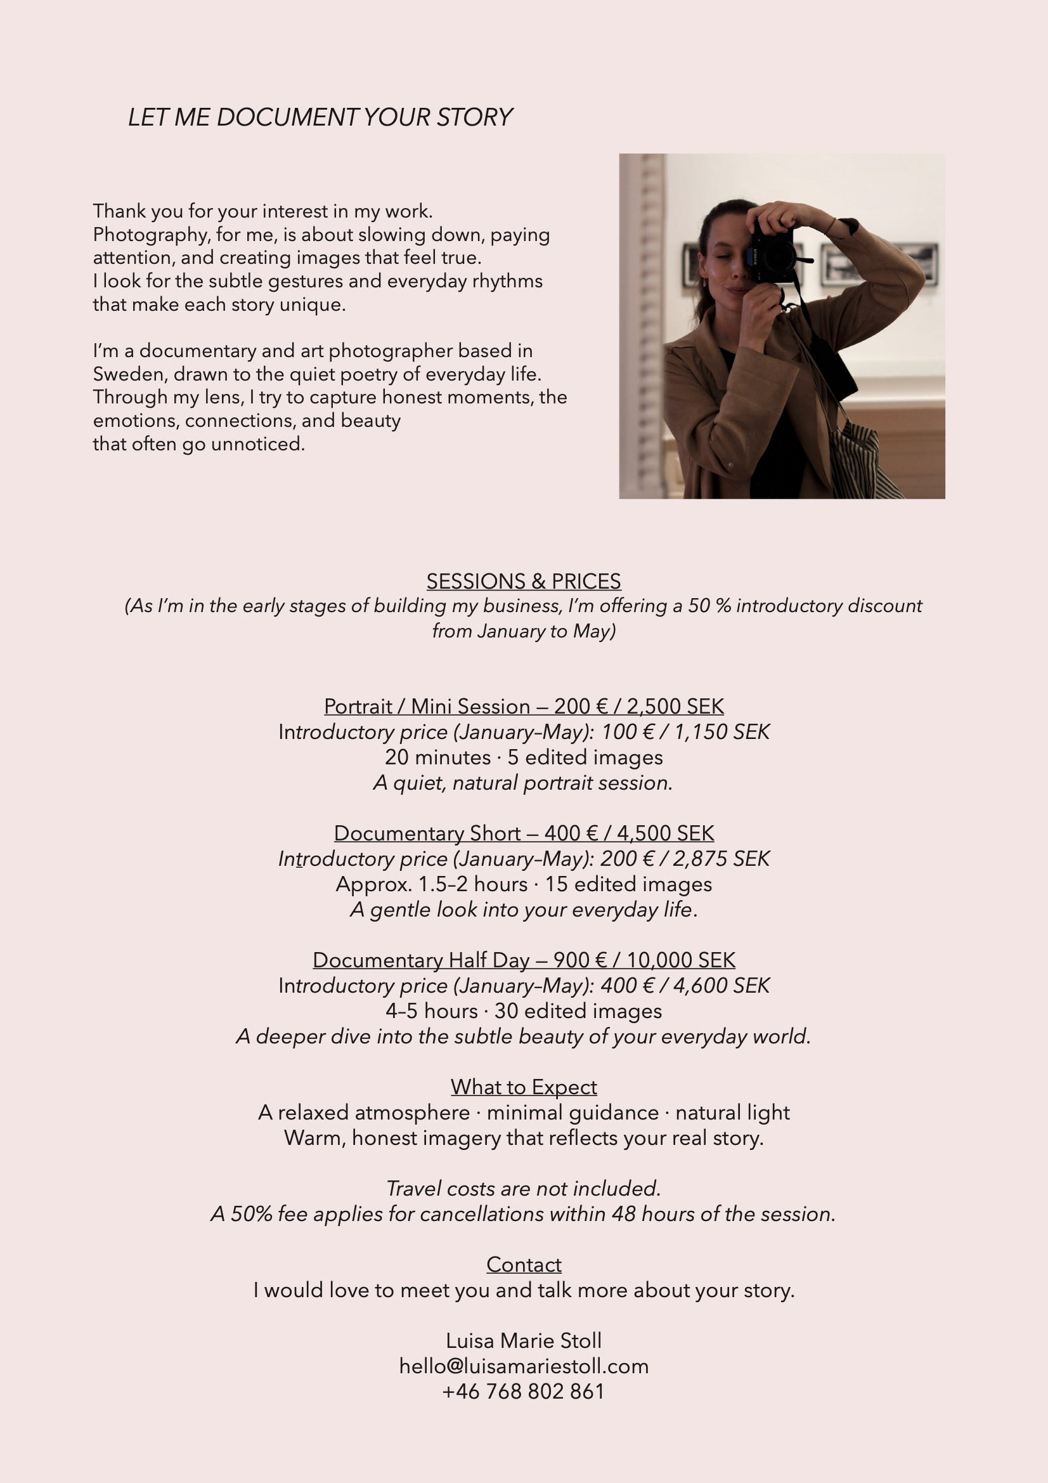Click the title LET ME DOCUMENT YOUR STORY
320,117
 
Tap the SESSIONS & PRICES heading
524,581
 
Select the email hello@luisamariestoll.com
524,1366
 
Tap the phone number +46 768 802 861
524,1391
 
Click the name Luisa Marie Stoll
524,1341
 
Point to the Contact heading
524,1265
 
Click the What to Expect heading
524,1087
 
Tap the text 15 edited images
628,884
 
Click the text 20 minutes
438,757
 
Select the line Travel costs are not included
524,1189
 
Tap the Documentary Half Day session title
420,960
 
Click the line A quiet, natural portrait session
524,783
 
